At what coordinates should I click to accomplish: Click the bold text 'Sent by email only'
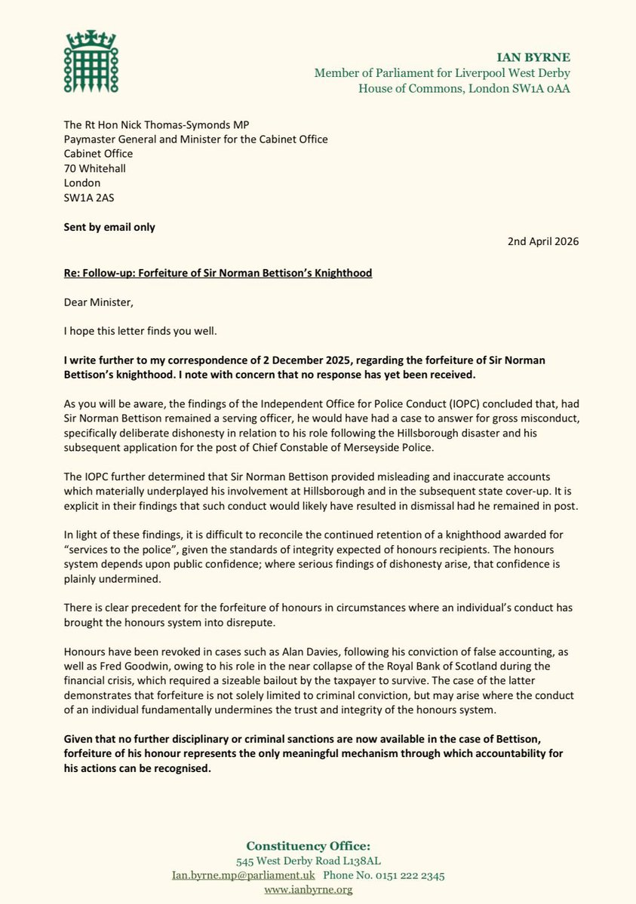109,227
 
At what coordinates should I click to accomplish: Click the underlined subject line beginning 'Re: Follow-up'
218,272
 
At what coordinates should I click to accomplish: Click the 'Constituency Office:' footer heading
318,846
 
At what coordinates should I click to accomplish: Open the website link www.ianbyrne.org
318,890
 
